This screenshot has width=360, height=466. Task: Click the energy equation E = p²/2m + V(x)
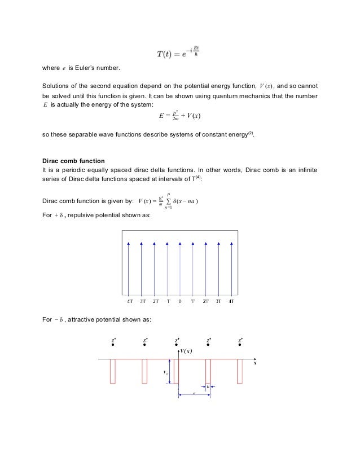(179, 117)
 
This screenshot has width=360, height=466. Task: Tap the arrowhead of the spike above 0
(180, 243)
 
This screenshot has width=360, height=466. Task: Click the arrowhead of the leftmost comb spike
(129, 243)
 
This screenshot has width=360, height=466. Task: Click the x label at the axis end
(254, 364)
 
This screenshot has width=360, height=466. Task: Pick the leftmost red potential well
(113, 371)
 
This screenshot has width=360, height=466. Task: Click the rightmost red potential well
(240, 371)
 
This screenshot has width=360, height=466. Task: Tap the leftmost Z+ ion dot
(113, 345)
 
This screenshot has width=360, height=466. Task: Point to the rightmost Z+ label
(241, 340)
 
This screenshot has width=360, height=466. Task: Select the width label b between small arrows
(208, 386)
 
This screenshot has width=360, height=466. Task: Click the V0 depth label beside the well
(164, 372)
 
